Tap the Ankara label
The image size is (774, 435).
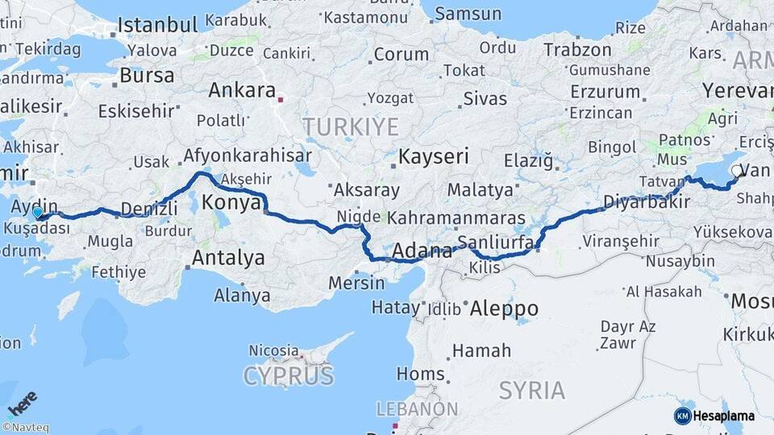tap(242, 90)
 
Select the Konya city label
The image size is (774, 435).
tap(231, 203)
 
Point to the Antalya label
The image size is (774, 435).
tap(228, 259)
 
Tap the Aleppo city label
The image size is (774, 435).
tap(503, 309)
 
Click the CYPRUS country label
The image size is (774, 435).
tap(288, 376)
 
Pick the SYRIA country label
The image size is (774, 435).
tap(531, 391)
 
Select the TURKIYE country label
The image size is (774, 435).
tap(351, 126)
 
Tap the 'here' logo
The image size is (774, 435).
tap(22, 402)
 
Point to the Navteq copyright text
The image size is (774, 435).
tap(25, 428)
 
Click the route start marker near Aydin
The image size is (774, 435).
tap(38, 213)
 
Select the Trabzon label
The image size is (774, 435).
tap(577, 50)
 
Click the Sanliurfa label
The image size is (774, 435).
tap(491, 242)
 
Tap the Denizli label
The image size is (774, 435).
tap(148, 210)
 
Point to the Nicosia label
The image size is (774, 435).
tap(273, 350)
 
